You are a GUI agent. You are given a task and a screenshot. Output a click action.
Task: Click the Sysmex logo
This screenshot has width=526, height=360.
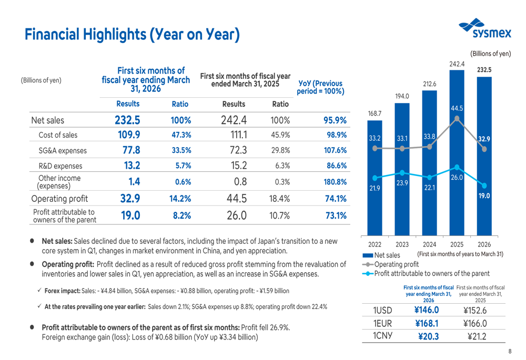pos(484,28)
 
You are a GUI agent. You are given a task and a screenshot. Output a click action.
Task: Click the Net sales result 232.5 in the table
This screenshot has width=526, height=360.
pos(127,120)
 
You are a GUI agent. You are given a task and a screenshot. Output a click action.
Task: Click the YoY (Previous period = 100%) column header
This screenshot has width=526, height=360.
pos(320,88)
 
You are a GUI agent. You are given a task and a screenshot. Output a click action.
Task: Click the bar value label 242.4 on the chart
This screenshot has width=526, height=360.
pos(457,64)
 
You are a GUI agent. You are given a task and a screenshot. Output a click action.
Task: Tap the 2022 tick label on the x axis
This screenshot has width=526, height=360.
pos(375,244)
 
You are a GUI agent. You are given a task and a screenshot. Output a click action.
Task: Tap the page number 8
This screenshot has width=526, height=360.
pos(509,352)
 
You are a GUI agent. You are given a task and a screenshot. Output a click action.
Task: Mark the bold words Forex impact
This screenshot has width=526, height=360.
pos(62,291)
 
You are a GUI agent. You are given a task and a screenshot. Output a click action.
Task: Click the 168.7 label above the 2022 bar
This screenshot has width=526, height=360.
pos(374,113)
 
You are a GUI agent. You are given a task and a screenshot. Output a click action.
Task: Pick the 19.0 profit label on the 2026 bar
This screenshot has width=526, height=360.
pos(484,196)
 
